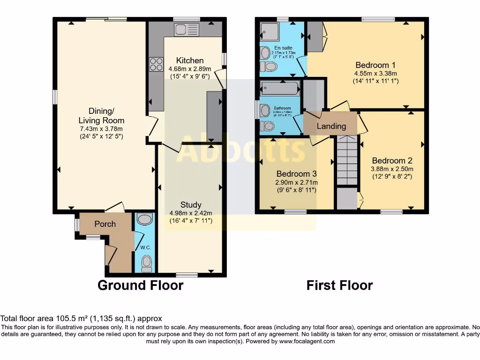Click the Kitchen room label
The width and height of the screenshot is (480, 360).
pos(190,60)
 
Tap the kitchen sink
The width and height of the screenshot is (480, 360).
pos(187,30)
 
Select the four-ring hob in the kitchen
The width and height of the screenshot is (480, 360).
pos(156,64)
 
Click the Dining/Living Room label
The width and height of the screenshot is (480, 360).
pos(101,116)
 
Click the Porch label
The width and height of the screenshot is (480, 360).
pos(105,224)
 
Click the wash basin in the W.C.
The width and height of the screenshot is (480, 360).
pos(145,219)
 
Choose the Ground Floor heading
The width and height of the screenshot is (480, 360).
pos(140,285)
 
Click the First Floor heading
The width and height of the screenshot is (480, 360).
pos(339,285)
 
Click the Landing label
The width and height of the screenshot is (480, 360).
pos(331,126)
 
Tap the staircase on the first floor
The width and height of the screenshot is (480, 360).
pos(347,161)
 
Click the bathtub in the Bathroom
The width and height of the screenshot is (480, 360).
pos(280,88)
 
